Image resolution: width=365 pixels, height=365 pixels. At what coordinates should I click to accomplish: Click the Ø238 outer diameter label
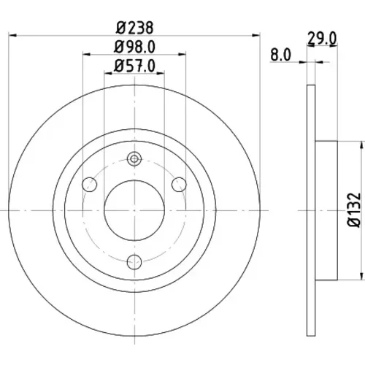[134, 28]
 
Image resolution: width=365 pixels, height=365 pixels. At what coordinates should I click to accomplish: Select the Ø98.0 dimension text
[134, 47]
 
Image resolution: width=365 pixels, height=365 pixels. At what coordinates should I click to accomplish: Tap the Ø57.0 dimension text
[134, 66]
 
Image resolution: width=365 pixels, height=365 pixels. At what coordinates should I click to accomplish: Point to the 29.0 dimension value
[322, 39]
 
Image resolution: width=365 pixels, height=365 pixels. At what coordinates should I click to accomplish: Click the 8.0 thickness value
[280, 55]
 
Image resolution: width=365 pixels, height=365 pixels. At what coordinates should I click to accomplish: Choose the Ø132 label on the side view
[354, 210]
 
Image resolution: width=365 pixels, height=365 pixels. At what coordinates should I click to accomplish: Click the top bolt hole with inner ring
[134, 159]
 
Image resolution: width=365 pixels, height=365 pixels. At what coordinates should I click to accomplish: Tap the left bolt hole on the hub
[90, 185]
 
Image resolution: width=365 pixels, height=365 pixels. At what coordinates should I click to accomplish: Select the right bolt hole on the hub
[179, 185]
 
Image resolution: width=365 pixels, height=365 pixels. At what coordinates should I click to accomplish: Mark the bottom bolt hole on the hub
[134, 262]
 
